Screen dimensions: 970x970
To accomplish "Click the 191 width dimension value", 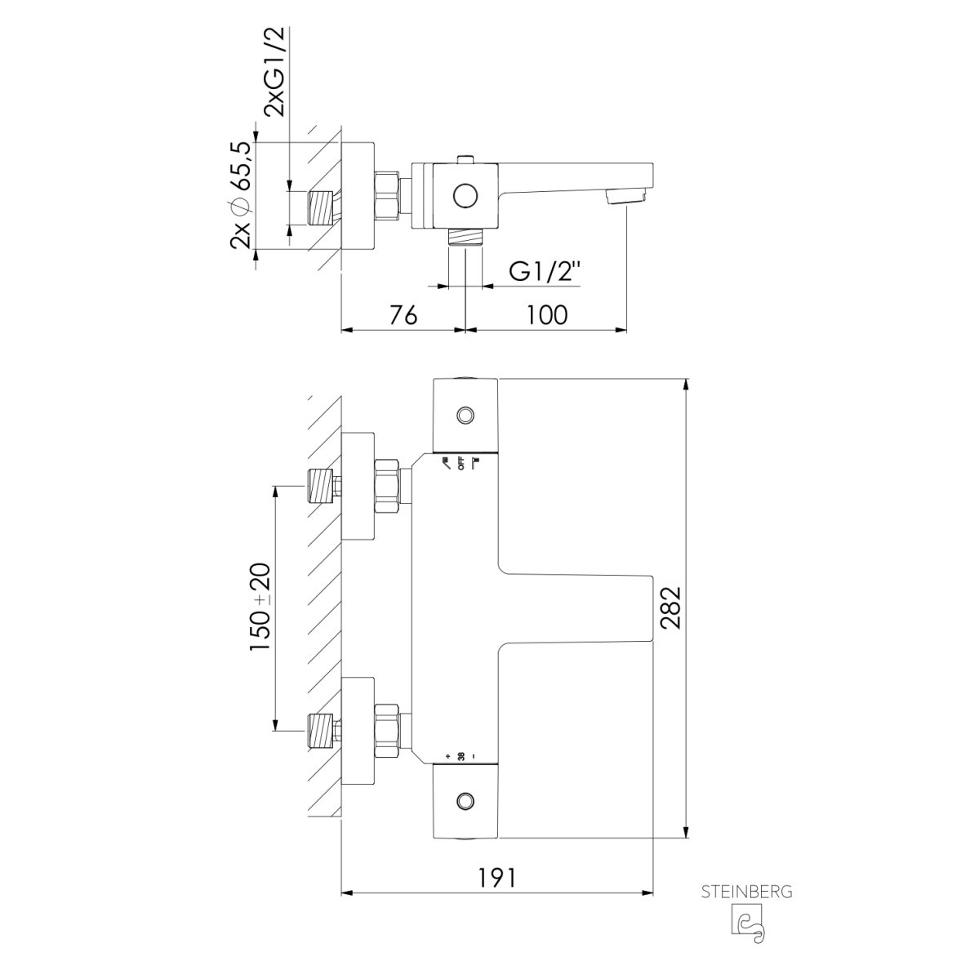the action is pos(496,877).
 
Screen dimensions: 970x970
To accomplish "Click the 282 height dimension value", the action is pos(670,608).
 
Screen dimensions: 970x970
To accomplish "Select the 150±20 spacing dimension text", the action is pos(260,607).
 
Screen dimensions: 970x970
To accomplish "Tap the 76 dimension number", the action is pos(403,315).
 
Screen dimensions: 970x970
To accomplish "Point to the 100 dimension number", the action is pos(547,315).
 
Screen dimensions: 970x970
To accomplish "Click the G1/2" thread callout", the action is pos(545,271).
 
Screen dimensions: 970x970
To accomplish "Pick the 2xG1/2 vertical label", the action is pos(274,72).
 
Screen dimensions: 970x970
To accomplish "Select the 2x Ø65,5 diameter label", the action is pos(241,195).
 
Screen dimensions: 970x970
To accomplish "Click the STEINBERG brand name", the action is pos(746,892).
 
